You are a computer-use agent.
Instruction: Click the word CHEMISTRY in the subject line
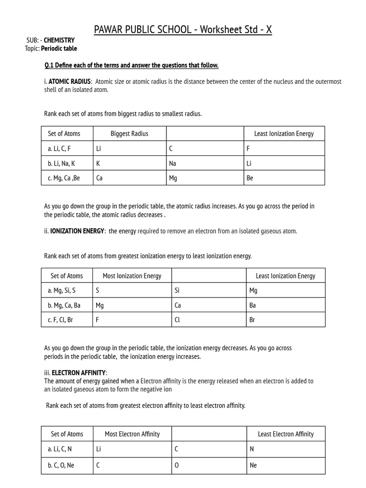pos(59,41)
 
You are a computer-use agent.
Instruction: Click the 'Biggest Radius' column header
pos(129,134)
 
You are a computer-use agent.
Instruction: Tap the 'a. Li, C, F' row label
pos(59,149)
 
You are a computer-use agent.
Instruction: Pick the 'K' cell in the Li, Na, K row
pos(98,163)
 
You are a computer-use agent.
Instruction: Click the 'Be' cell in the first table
pos(250,178)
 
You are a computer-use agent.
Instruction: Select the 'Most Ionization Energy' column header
pos(132,276)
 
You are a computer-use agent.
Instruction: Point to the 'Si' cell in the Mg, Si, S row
pos(177,290)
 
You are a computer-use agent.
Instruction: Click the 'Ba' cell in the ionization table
pos(253,305)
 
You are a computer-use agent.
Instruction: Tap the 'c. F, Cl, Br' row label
pos(61,320)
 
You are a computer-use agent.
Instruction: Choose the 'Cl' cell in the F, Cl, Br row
pos(177,320)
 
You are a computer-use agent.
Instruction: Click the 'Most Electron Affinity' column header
pos(132,434)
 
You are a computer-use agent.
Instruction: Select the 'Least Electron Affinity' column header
pos(285,434)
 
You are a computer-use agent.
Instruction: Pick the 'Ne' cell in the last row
pos(253,465)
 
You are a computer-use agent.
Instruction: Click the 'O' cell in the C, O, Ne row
pos(177,465)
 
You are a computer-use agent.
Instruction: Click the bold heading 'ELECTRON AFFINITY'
pos(79,372)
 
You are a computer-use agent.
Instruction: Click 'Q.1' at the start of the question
pos(49,65)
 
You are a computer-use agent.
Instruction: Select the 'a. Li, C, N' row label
pos(60,449)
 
